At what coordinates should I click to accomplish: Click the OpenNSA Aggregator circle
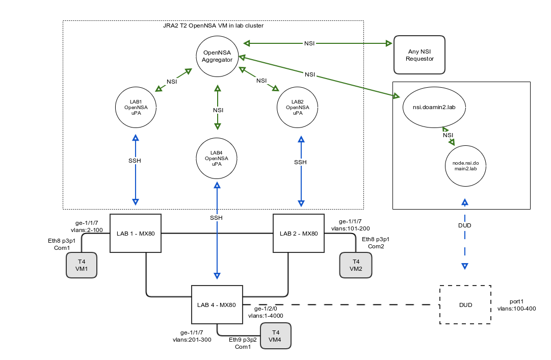point(218,56)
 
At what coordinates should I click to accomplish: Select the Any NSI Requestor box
point(419,55)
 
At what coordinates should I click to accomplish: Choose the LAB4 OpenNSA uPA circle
point(217,158)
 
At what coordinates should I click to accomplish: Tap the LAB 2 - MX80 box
point(299,234)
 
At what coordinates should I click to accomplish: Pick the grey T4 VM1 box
point(82,266)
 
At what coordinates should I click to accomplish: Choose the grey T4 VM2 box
point(356,266)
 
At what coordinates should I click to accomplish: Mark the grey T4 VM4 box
point(276,336)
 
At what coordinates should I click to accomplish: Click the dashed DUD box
point(465,305)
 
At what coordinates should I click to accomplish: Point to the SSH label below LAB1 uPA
point(135,161)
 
